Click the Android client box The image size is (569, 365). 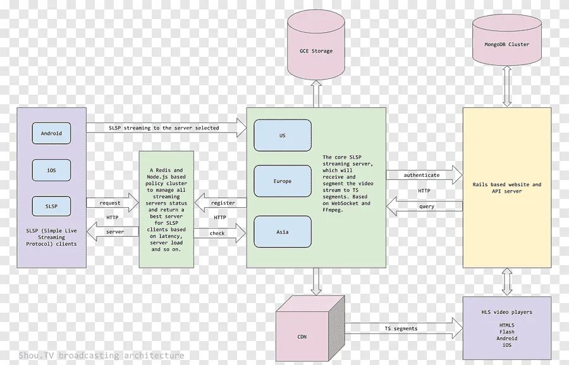click(51, 133)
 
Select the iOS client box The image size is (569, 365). click(51, 170)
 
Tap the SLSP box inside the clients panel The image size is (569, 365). click(51, 206)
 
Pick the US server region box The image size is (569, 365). click(283, 135)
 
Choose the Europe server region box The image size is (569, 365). click(283, 181)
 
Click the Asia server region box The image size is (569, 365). click(283, 232)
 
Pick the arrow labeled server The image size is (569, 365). click(113, 232)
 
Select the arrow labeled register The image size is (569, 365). click(220, 203)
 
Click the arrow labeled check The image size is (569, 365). click(220, 234)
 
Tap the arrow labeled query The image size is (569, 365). click(425, 206)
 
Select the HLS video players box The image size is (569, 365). click(506, 328)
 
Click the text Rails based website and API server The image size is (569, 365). click(507, 188)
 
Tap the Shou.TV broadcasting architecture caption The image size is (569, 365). click(101, 356)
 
